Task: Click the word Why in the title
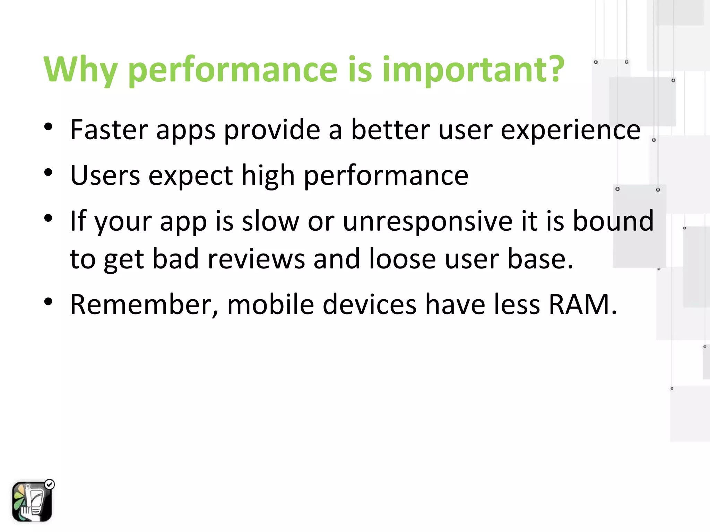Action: click(x=80, y=70)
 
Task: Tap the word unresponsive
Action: click(x=427, y=222)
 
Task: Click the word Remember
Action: click(x=144, y=305)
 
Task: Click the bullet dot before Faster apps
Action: click(x=48, y=127)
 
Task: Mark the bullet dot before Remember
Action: click(x=48, y=301)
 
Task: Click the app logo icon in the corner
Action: click(x=32, y=502)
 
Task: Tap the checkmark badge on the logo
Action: click(x=50, y=484)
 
